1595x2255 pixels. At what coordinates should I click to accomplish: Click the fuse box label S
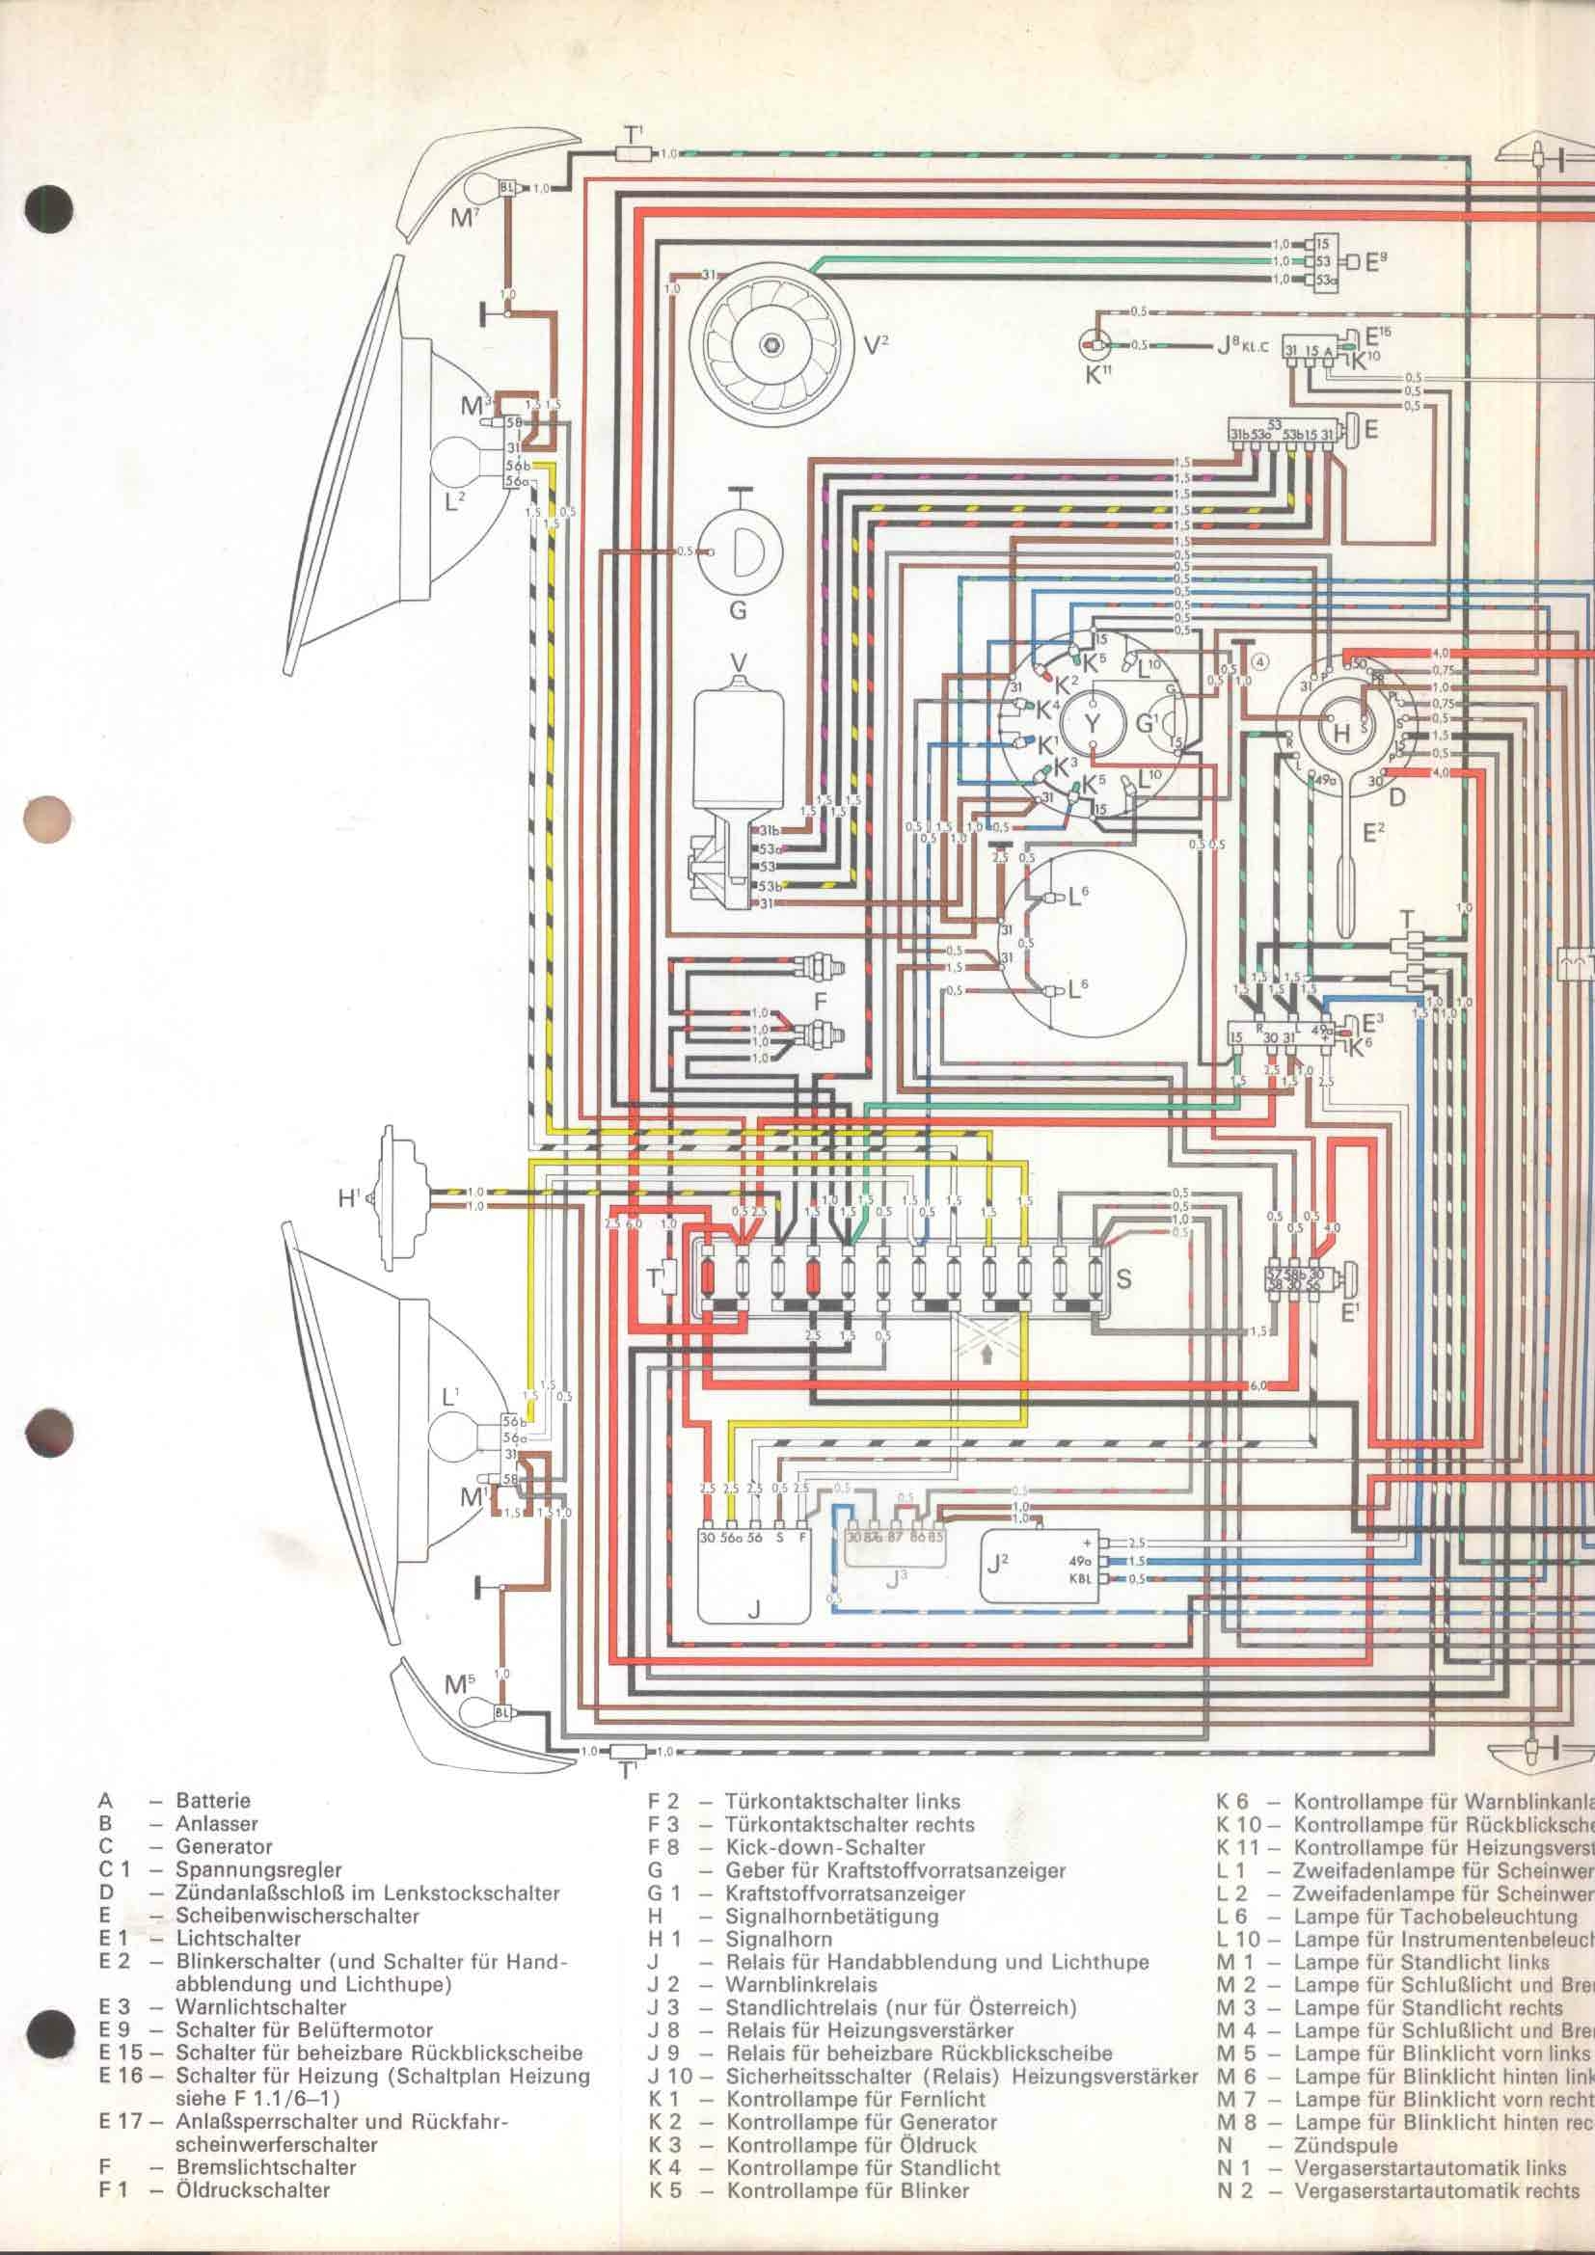click(1124, 1278)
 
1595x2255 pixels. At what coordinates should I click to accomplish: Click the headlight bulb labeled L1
click(462, 1449)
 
